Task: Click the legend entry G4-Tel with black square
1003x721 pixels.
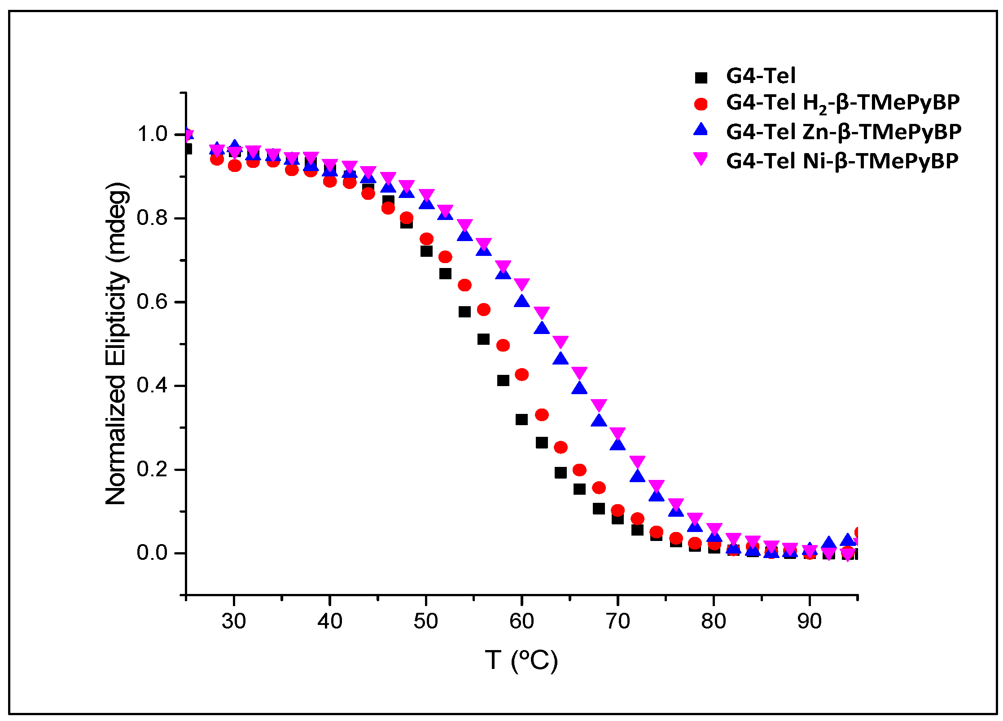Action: point(761,75)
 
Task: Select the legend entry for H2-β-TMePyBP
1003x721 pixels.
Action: point(842,103)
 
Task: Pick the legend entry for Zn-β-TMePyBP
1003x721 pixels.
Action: point(843,132)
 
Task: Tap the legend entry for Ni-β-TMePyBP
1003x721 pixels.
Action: point(842,160)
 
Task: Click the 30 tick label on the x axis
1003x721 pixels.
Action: point(233,621)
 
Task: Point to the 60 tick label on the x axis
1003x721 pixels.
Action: point(521,621)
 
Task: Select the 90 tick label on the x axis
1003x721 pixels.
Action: point(809,621)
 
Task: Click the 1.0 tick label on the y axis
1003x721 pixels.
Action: point(152,134)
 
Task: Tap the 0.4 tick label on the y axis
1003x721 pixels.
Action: point(152,385)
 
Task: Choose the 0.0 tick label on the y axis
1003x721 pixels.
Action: point(152,553)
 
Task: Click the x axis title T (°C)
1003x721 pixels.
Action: point(521,660)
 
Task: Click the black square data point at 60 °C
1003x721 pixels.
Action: point(521,420)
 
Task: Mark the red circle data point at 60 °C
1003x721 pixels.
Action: point(521,374)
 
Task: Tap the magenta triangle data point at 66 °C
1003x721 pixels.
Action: point(579,373)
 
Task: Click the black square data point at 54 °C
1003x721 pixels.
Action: point(464,312)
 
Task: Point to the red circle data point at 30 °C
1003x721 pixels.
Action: point(234,166)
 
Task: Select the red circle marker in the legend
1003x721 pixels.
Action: point(701,104)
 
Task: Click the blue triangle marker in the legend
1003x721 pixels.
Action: point(701,130)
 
